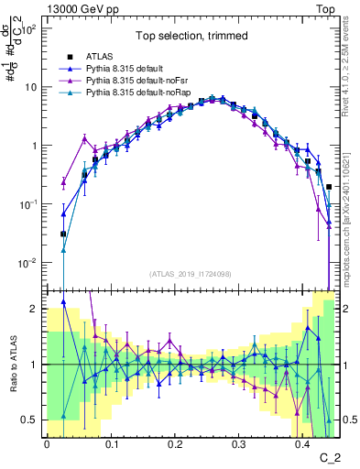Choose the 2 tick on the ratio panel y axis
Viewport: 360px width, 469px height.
pos(34,309)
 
